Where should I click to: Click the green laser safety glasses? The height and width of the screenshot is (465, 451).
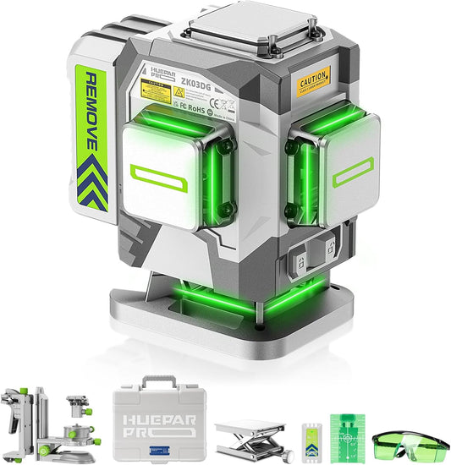tap(410, 426)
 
